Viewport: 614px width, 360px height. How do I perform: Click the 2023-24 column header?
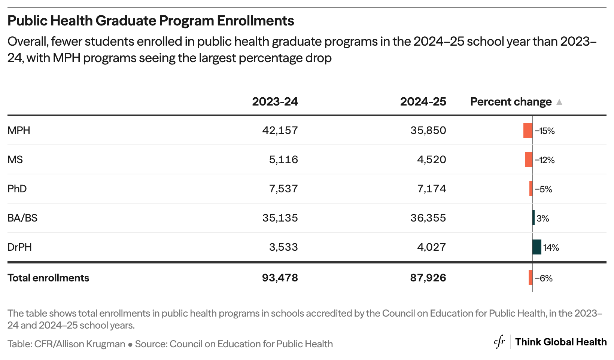pyautogui.click(x=275, y=102)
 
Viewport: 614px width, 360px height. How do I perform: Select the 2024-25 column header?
pyautogui.click(x=423, y=102)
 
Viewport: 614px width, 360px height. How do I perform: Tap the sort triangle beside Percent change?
pyautogui.click(x=559, y=102)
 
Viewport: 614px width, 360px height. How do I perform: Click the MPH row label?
pyautogui.click(x=19, y=131)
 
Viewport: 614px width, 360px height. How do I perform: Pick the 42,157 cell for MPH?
pyautogui.click(x=280, y=131)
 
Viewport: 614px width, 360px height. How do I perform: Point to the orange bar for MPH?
pyautogui.click(x=528, y=130)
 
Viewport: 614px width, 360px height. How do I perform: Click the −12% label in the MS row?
pyautogui.click(x=545, y=160)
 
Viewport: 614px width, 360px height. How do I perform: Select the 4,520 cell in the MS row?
pyautogui.click(x=432, y=160)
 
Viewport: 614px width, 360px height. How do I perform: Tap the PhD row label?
pyautogui.click(x=17, y=189)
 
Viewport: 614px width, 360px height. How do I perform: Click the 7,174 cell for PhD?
pyautogui.click(x=432, y=189)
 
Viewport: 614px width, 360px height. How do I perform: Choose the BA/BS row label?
pyautogui.click(x=22, y=218)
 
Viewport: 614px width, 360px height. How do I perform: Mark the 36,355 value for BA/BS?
pyautogui.click(x=428, y=218)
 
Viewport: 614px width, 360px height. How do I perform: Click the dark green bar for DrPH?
pyautogui.click(x=537, y=247)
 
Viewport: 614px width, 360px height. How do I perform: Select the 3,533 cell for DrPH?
pyautogui.click(x=283, y=247)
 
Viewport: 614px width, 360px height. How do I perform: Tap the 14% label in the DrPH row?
pyautogui.click(x=551, y=248)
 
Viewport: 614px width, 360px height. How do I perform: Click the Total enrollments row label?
pyautogui.click(x=48, y=278)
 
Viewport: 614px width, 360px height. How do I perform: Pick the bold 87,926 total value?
pyautogui.click(x=428, y=278)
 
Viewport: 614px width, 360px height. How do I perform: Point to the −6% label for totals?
pyautogui.click(x=544, y=278)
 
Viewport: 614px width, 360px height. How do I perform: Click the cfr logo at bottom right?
pyautogui.click(x=499, y=342)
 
